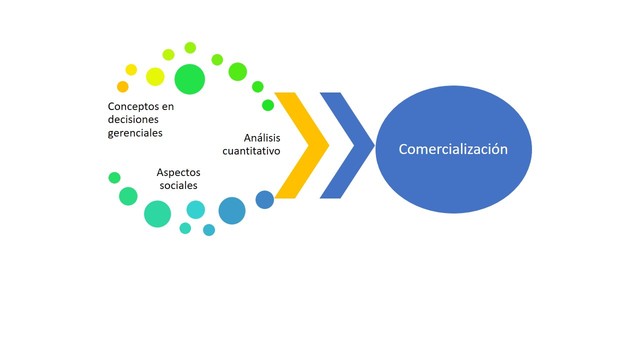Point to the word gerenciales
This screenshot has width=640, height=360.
point(135,131)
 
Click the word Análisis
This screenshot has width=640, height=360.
point(263,137)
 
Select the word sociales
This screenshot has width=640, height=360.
point(177,185)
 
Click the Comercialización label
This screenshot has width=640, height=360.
point(453,149)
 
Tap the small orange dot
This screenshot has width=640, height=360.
point(123,87)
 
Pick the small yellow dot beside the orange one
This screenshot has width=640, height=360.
point(131,70)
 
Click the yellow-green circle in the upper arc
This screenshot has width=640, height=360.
point(155,76)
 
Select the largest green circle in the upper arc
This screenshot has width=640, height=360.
point(189,78)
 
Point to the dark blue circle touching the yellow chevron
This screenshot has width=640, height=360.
point(265,199)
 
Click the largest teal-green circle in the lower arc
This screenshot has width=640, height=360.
point(157,213)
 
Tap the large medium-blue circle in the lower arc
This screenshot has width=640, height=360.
point(232,210)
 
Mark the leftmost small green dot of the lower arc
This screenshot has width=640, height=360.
point(114,178)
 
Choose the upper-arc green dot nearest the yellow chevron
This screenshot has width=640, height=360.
point(268,105)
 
